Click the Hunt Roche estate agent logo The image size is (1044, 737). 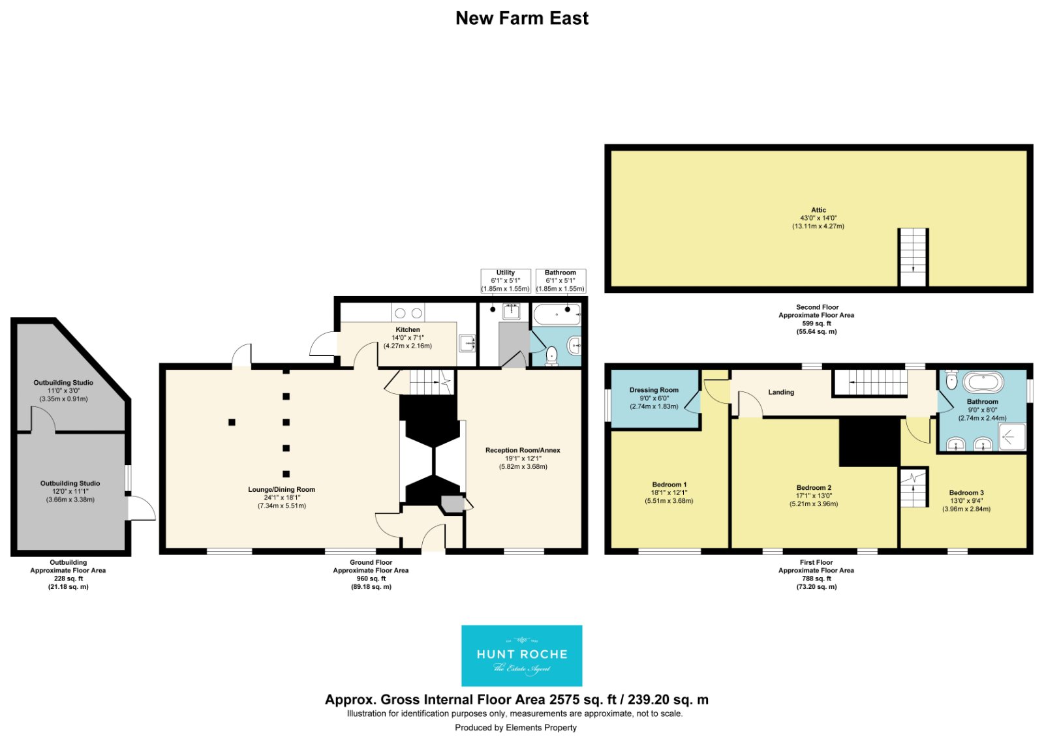[x=521, y=655]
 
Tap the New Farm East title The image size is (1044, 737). [x=521, y=18]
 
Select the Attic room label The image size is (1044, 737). [x=818, y=210]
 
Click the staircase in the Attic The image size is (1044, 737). [x=913, y=257]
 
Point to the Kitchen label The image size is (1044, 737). [x=408, y=329]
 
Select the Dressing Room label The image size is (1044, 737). [x=654, y=390]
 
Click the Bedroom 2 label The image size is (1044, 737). [x=814, y=487]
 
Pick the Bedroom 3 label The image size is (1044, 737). [x=966, y=492]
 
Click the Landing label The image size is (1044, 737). [x=781, y=392]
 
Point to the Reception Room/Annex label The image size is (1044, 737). [x=523, y=450]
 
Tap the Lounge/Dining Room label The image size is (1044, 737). [x=281, y=489]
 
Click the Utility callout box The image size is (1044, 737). [x=506, y=281]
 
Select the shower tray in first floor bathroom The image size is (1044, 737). [x=1012, y=437]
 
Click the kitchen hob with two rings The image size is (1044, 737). [x=408, y=312]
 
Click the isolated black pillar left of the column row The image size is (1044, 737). [x=232, y=422]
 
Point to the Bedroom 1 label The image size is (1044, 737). [x=669, y=485]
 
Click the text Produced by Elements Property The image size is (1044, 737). [x=515, y=727]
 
